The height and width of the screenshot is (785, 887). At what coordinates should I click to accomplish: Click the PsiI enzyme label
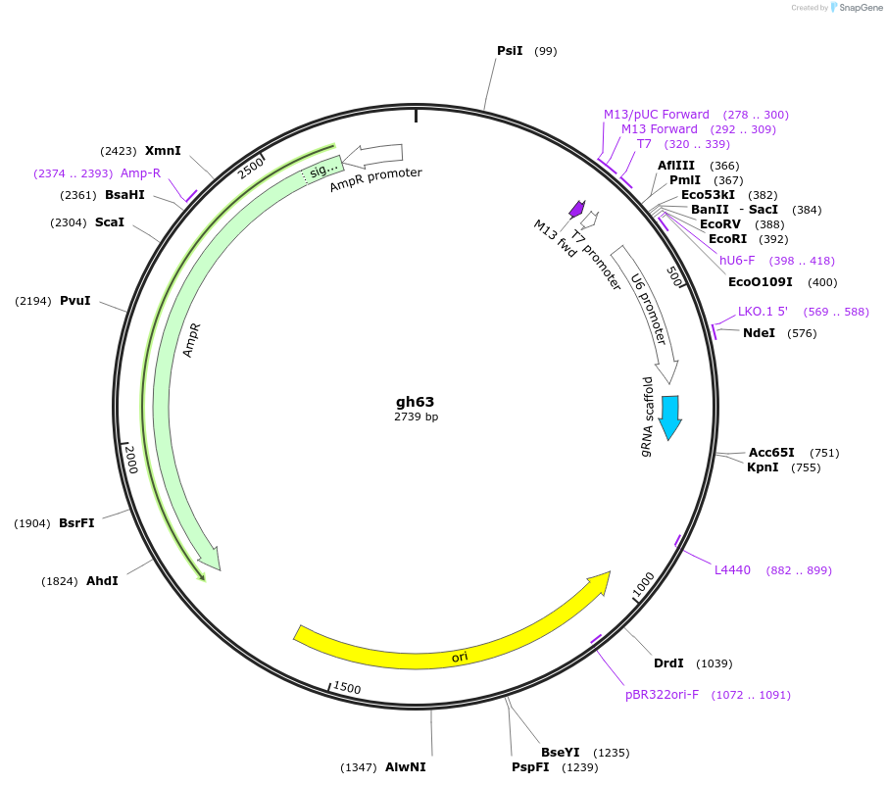click(510, 51)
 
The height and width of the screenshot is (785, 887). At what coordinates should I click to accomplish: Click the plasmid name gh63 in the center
click(415, 402)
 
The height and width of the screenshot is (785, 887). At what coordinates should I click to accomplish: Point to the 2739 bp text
click(416, 417)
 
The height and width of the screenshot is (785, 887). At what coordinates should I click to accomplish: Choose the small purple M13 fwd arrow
click(577, 209)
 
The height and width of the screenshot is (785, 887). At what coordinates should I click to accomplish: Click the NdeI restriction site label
click(759, 333)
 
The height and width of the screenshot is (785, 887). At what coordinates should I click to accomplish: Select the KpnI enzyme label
click(763, 467)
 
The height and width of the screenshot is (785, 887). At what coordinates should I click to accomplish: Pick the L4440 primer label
click(732, 570)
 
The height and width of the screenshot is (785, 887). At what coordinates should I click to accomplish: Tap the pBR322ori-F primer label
click(662, 695)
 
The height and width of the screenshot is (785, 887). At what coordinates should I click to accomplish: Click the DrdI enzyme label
click(668, 663)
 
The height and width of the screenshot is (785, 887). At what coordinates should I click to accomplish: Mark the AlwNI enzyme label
click(406, 767)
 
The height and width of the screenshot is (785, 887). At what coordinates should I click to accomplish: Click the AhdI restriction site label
click(102, 581)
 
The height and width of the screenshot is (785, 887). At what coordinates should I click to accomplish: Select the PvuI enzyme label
click(74, 301)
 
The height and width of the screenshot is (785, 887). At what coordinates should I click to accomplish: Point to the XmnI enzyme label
click(163, 151)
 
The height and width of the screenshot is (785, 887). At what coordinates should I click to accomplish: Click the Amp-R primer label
click(140, 173)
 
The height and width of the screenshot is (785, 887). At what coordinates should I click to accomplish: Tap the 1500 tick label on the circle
click(347, 688)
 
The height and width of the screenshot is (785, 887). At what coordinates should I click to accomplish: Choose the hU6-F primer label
click(737, 261)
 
